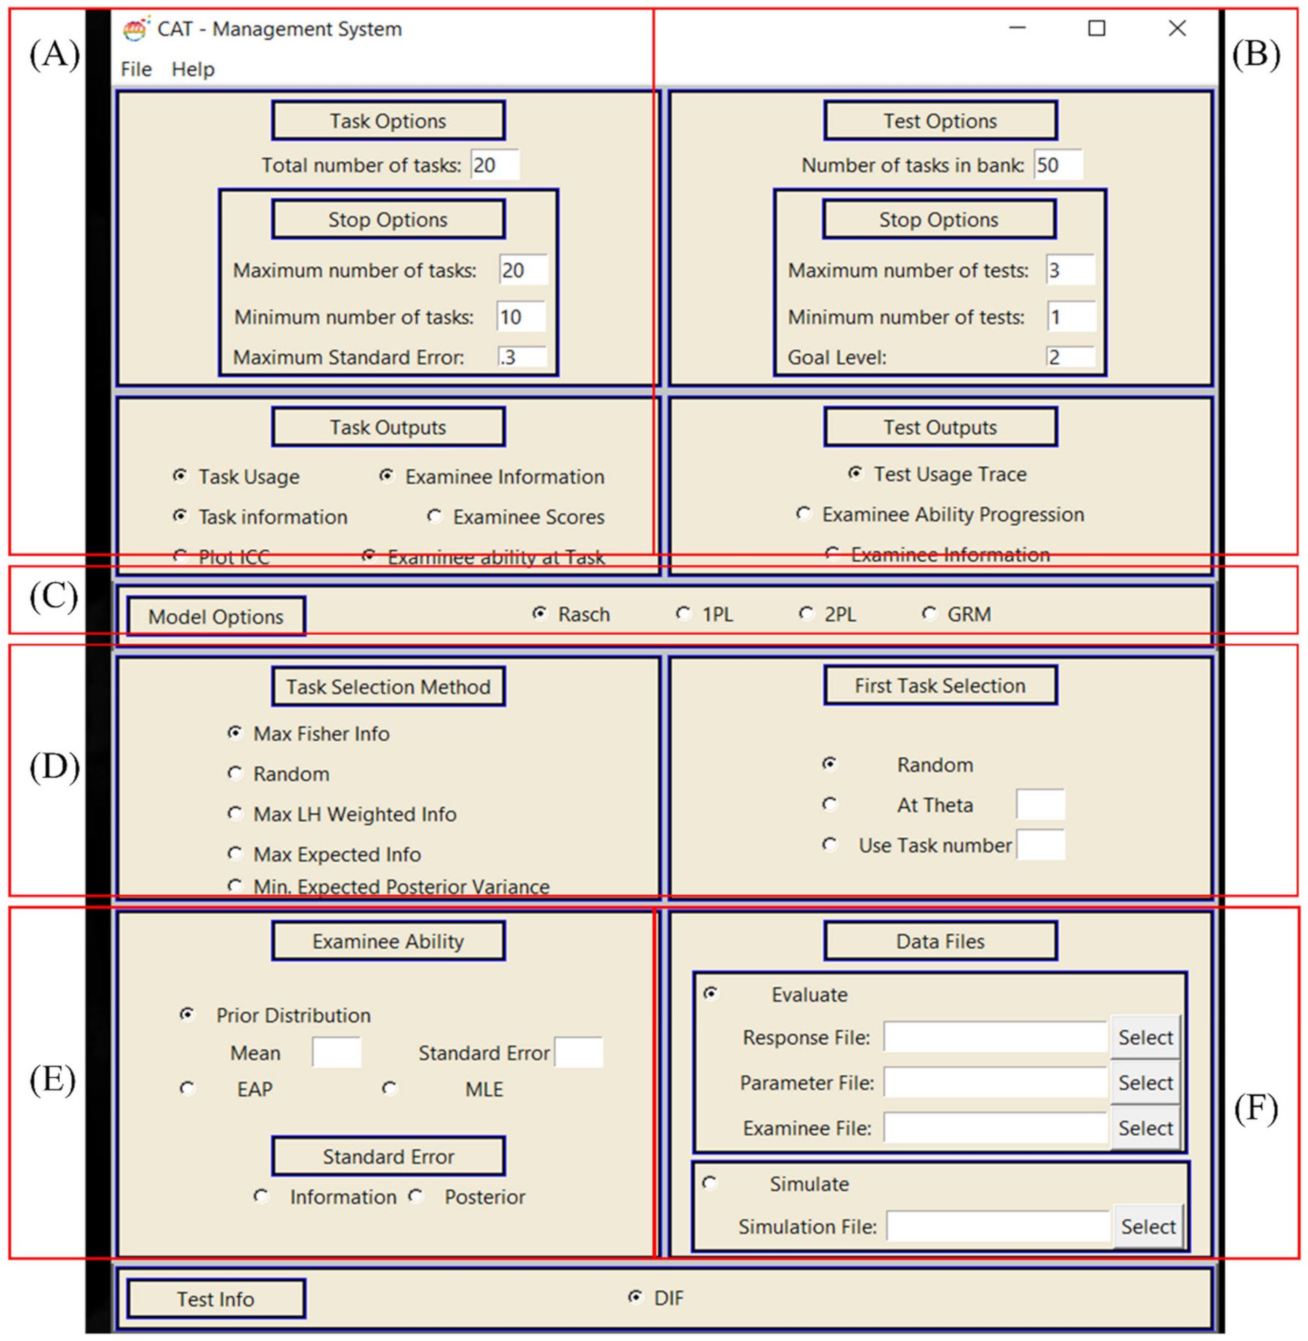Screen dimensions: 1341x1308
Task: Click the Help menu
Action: [x=193, y=70]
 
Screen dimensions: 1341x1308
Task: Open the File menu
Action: [x=136, y=70]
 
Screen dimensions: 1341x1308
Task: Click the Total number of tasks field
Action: [x=495, y=165]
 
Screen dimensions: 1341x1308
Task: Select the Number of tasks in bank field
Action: [x=1058, y=165]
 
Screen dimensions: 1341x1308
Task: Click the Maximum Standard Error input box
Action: [x=522, y=357]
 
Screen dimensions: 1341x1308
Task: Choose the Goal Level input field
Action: [x=1070, y=357]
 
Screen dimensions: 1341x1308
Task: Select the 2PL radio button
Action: [x=806, y=613]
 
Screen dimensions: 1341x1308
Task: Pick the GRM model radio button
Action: [x=929, y=613]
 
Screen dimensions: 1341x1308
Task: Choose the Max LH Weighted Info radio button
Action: [x=235, y=814]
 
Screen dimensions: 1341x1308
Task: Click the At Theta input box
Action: [x=1040, y=804]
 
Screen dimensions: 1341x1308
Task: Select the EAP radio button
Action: [x=187, y=1088]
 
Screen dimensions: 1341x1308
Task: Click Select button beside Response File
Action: [x=1144, y=1037]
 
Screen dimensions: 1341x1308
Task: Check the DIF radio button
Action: [x=635, y=1297]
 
